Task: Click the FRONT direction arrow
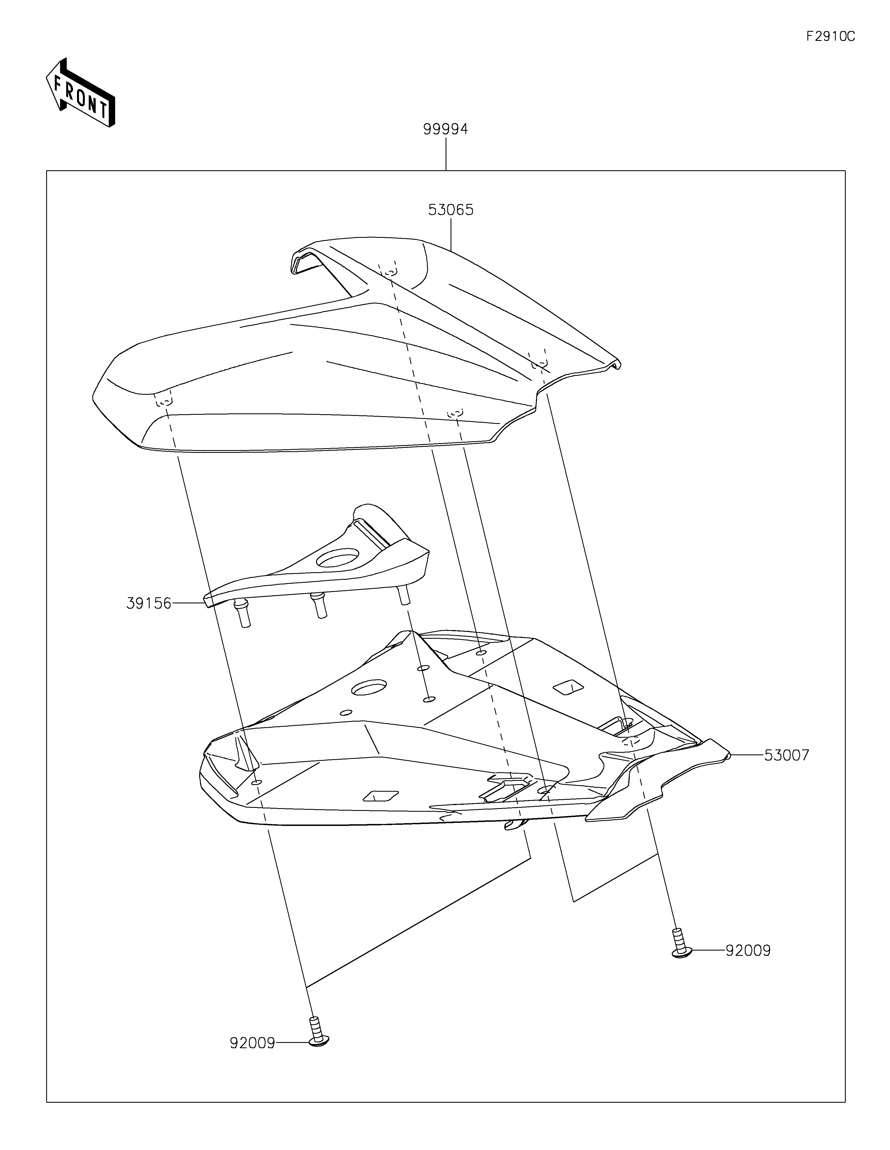pos(80,93)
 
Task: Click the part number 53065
pos(451,210)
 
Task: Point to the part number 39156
pos(149,603)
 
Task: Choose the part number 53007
pos(786,756)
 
